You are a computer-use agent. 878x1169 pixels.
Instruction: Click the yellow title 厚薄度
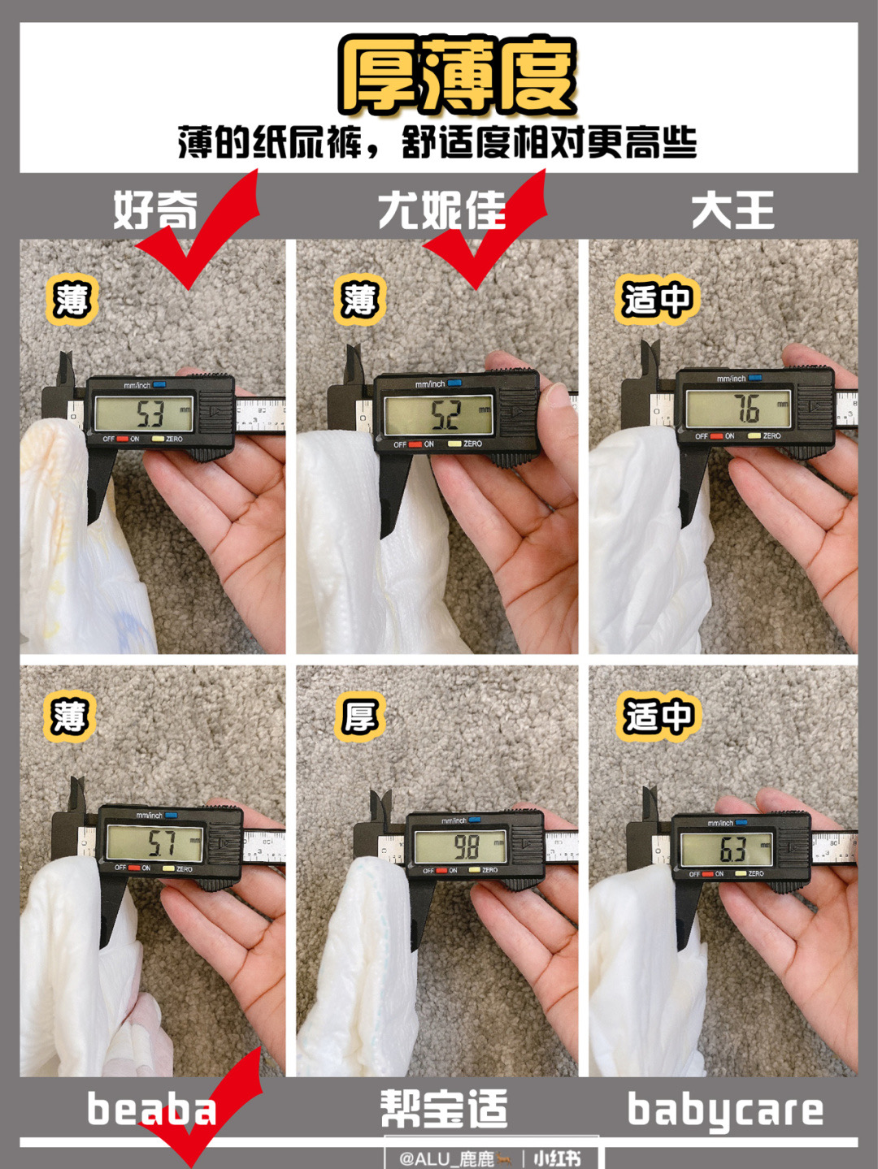(x=458, y=76)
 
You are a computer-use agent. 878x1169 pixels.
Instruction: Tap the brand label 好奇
(x=154, y=211)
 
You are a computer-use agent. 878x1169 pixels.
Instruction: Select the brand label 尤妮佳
(x=441, y=211)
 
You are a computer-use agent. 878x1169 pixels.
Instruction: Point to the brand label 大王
(x=732, y=211)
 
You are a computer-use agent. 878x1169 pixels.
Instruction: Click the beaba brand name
(x=151, y=1110)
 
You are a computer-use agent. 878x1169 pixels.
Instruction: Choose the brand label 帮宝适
(x=444, y=1110)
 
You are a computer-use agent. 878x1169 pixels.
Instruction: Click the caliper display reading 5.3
(x=144, y=414)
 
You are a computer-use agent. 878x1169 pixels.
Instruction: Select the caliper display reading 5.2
(x=439, y=416)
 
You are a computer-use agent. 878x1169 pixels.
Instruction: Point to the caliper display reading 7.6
(x=738, y=409)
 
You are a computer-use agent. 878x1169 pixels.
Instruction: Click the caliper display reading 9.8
(x=460, y=847)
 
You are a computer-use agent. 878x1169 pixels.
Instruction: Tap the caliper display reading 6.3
(x=726, y=850)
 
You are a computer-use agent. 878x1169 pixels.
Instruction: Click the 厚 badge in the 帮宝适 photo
(x=359, y=717)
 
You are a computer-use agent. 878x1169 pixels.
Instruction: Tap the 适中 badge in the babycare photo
(x=658, y=717)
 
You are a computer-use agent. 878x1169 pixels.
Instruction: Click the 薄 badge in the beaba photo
(x=70, y=717)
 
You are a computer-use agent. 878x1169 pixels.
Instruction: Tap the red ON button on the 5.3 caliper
(x=123, y=439)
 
